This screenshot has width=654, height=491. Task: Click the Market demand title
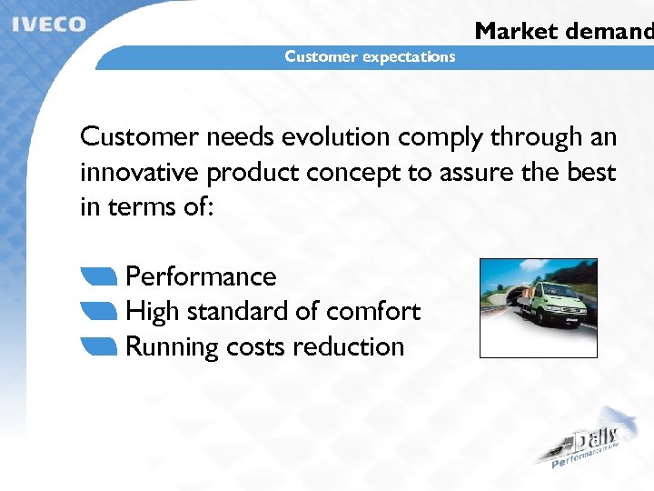563,31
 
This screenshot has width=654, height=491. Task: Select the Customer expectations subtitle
370,56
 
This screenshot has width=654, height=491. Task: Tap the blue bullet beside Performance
99,276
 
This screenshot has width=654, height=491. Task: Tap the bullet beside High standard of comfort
99,311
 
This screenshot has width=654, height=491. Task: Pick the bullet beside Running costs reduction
99,346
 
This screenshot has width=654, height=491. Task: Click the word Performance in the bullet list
201,276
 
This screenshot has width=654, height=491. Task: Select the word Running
164,347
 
